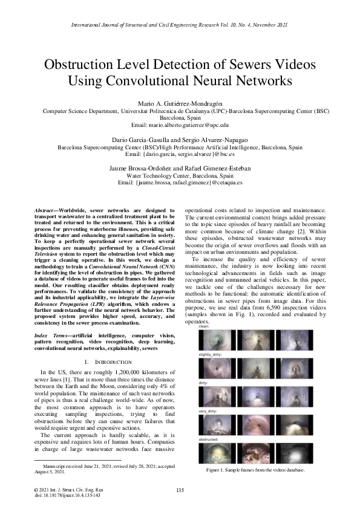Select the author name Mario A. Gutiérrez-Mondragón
click(180, 103)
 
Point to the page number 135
click(180, 490)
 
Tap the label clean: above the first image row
click(201, 326)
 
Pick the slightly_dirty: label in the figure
click(209, 354)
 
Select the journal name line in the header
click(180, 26)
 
